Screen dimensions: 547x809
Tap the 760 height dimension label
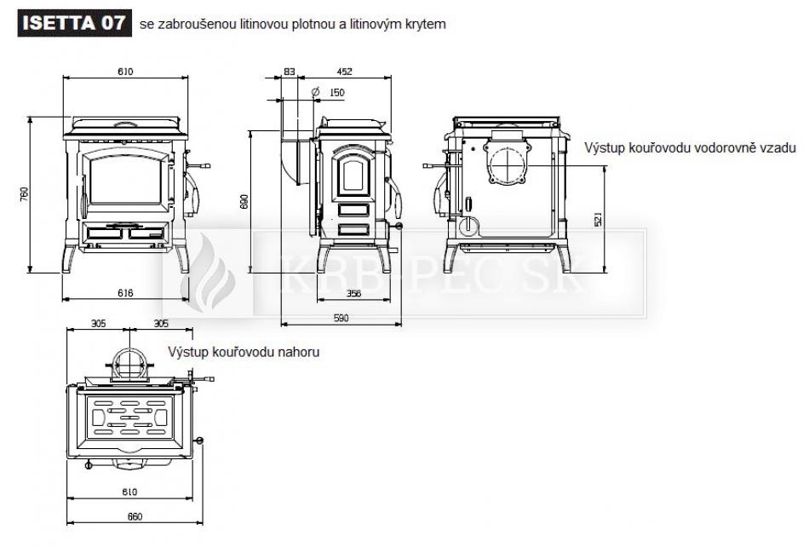[25, 194]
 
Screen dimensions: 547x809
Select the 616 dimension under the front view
[125, 292]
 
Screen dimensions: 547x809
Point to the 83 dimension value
[290, 72]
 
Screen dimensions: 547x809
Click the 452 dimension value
[344, 72]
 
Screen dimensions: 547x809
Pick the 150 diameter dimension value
[336, 92]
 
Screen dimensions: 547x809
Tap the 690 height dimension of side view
[244, 201]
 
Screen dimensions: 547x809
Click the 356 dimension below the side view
[353, 293]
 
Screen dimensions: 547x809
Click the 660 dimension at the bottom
[134, 516]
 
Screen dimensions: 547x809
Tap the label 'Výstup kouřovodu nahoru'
[244, 351]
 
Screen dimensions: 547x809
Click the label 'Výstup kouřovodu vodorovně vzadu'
[689, 147]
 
